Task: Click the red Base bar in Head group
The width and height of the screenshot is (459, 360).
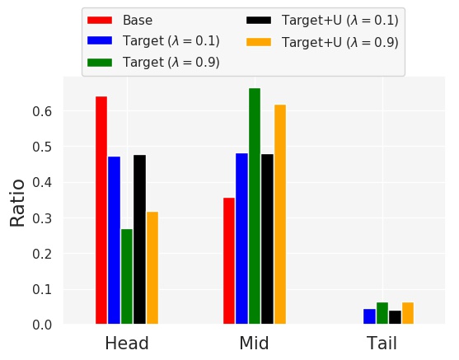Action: pyautogui.click(x=101, y=210)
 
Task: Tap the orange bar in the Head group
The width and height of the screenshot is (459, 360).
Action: pyautogui.click(x=152, y=268)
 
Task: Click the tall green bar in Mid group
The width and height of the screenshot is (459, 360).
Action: pyautogui.click(x=255, y=206)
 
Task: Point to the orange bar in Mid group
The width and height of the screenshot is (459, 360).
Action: pyautogui.click(x=280, y=214)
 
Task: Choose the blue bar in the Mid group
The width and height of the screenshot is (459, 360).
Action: pyautogui.click(x=241, y=239)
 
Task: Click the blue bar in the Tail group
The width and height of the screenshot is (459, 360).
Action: pyautogui.click(x=369, y=316)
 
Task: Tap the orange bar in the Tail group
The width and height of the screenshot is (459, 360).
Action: pyautogui.click(x=408, y=313)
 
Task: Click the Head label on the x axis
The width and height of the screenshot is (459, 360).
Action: pyautogui.click(x=127, y=343)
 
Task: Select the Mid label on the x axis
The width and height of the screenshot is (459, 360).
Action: pyautogui.click(x=254, y=343)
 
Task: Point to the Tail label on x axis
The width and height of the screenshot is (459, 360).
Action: pyautogui.click(x=382, y=343)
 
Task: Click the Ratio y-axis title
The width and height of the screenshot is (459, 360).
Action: pyautogui.click(x=17, y=202)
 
